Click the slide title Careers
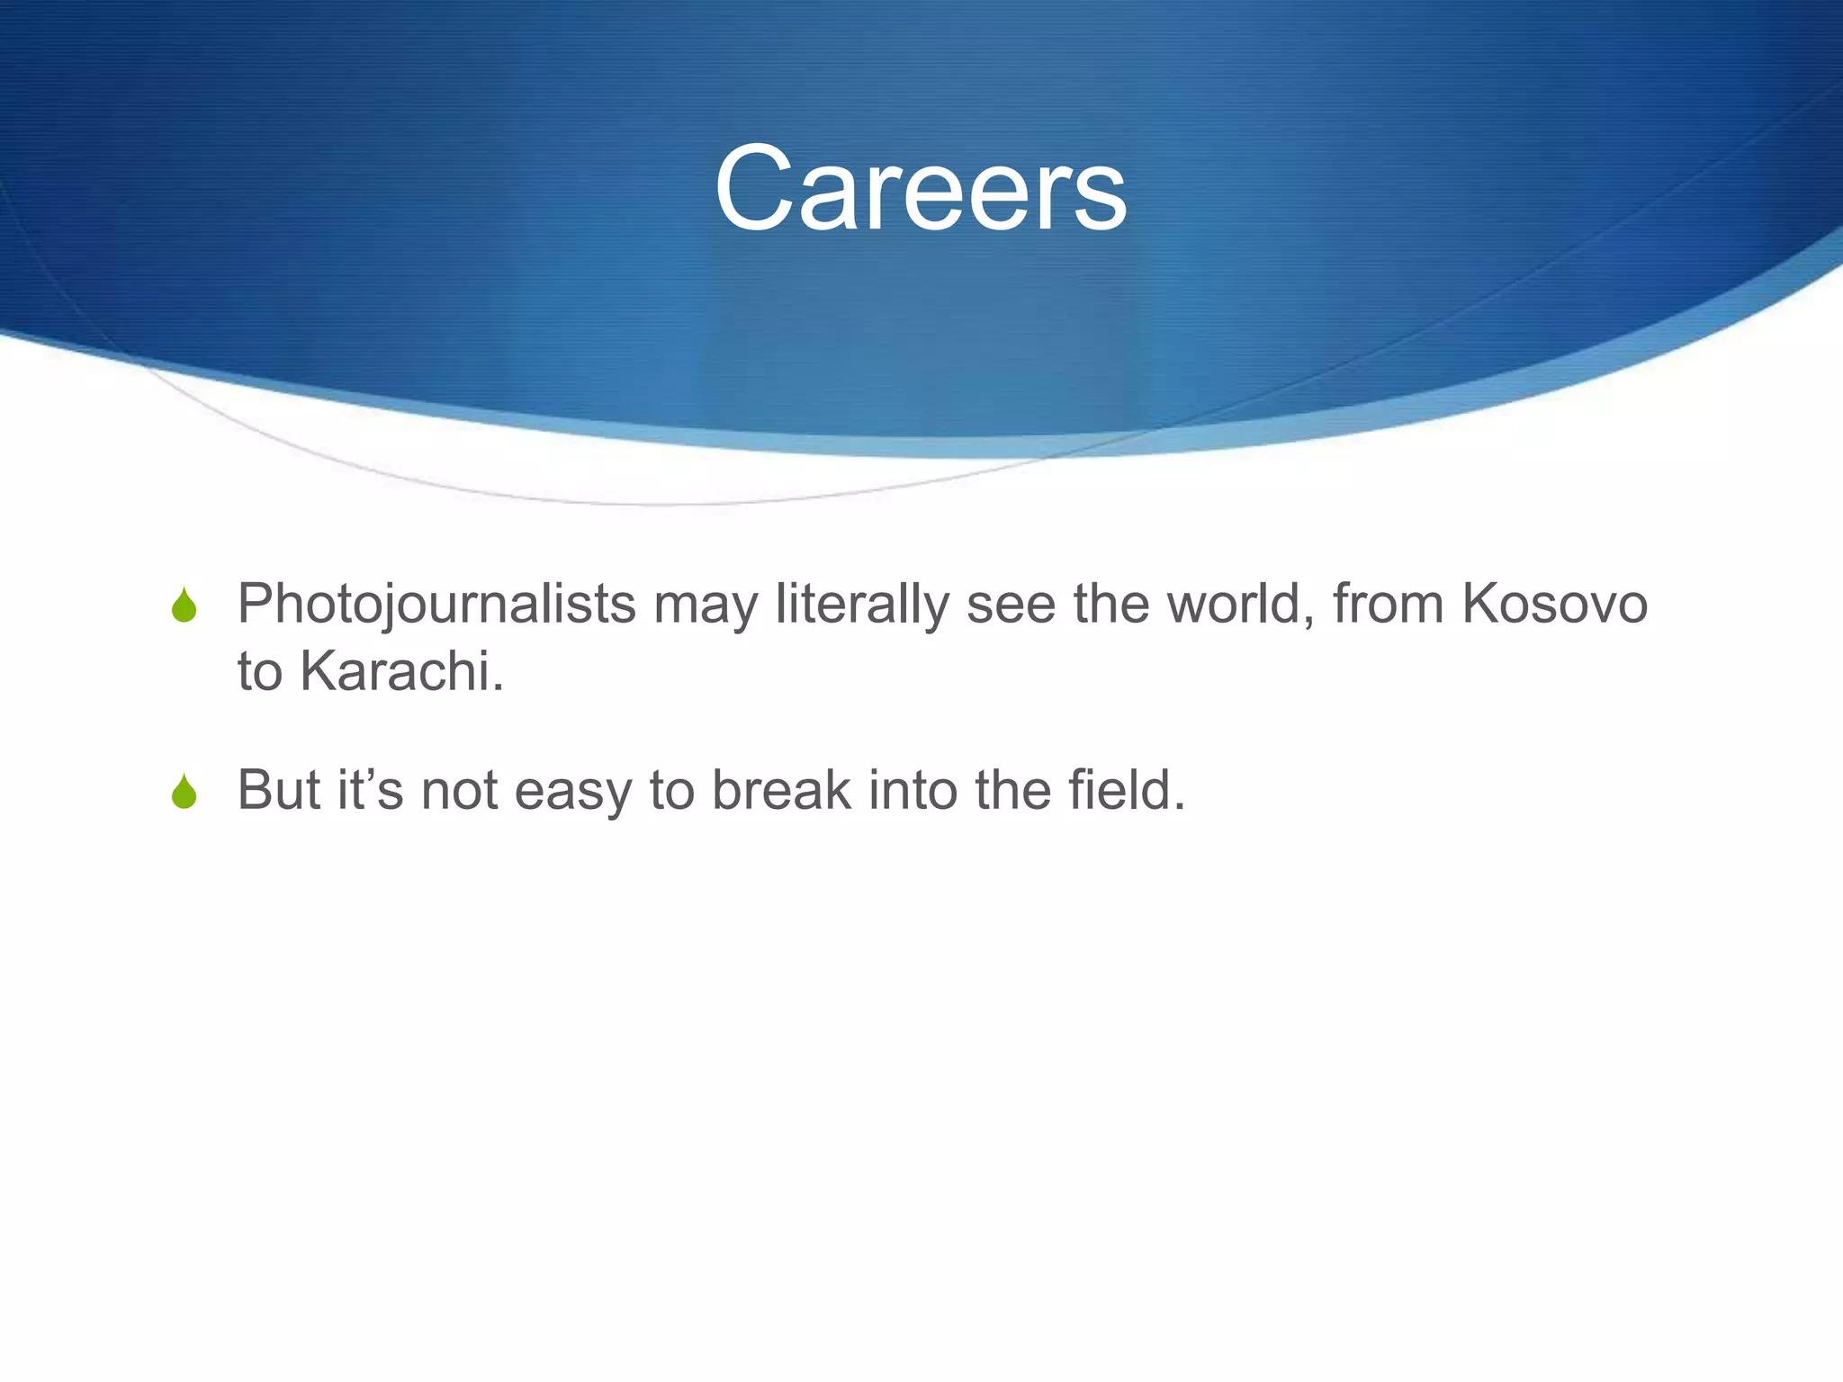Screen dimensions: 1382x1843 click(920, 190)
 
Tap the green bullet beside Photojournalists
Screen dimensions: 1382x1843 click(184, 606)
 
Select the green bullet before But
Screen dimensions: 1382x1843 click(184, 792)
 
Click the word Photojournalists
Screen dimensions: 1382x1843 click(436, 605)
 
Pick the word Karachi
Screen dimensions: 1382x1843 click(401, 671)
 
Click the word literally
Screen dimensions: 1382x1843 click(862, 605)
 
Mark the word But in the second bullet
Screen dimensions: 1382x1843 click(279, 790)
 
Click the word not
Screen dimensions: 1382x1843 click(460, 790)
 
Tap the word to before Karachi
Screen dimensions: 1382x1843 click(259, 672)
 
